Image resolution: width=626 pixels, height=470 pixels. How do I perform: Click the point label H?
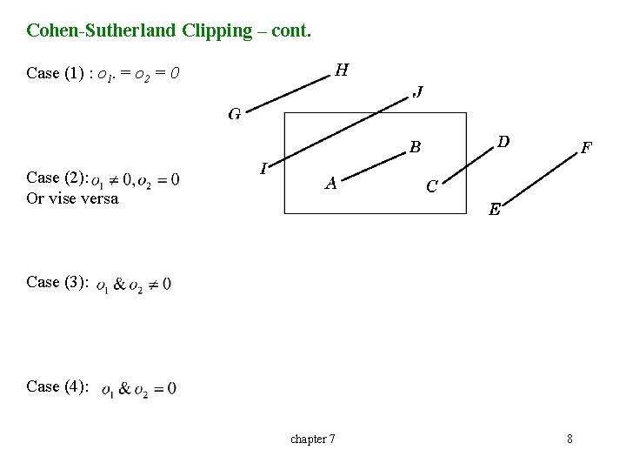click(x=342, y=70)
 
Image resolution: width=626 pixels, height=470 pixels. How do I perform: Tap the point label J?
click(x=418, y=91)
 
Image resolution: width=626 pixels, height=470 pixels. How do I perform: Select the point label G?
click(x=235, y=114)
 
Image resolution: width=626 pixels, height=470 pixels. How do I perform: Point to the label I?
click(x=263, y=168)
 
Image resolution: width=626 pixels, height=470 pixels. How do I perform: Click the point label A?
click(x=330, y=183)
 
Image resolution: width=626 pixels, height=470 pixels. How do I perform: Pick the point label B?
click(x=416, y=147)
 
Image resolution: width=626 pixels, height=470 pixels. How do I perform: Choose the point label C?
click(x=431, y=186)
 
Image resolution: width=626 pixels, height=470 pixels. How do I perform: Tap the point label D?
click(x=503, y=140)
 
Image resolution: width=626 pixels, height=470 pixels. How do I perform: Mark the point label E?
click(x=494, y=209)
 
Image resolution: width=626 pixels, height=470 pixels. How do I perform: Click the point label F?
click(x=587, y=148)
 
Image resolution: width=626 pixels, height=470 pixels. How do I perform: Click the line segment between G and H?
click(x=288, y=92)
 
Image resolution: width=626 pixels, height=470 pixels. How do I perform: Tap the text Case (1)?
click(x=56, y=73)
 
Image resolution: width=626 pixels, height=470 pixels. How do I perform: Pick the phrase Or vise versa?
click(x=72, y=198)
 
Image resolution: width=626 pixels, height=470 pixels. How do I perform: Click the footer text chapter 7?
click(x=312, y=439)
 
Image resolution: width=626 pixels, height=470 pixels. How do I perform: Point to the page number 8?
click(x=569, y=439)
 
